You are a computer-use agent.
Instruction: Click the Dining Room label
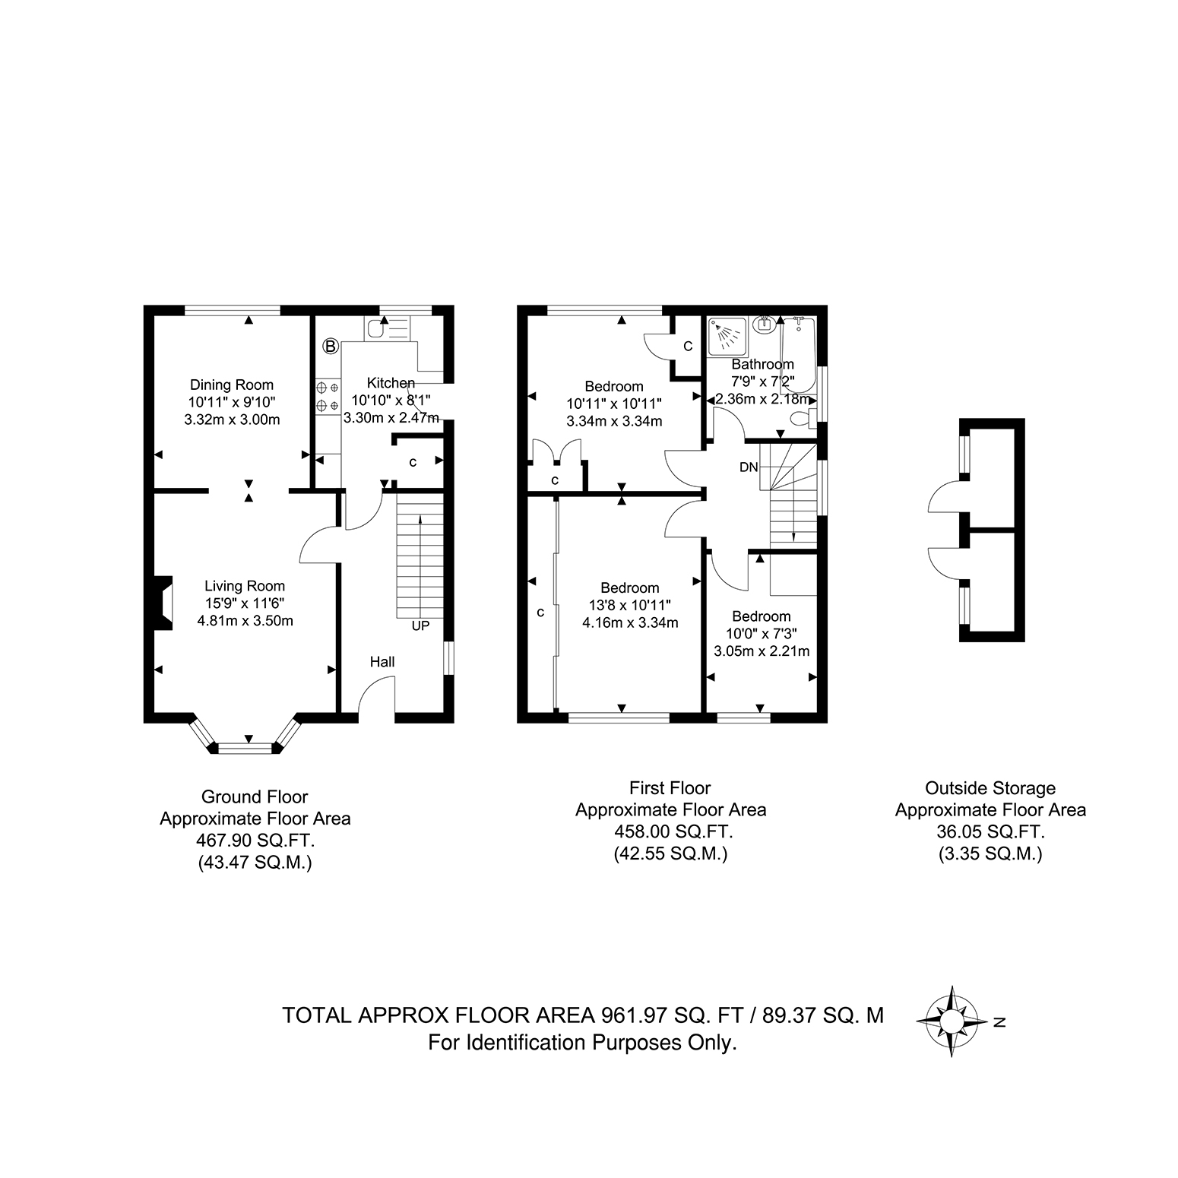tap(232, 385)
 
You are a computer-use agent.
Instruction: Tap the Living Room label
tap(245, 586)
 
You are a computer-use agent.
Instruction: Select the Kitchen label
tap(391, 382)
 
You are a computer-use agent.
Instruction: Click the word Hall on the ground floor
tap(382, 662)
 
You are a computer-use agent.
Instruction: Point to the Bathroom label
tap(762, 364)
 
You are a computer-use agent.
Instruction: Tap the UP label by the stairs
tap(420, 626)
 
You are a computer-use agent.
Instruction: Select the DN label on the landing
tap(749, 467)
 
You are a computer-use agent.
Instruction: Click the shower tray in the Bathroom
tap(725, 336)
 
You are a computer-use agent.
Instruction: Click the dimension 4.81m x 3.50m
tap(245, 620)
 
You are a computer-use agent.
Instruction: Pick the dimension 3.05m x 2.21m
tap(762, 651)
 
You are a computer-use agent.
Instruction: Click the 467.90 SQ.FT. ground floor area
tap(255, 841)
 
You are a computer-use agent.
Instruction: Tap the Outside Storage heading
tap(990, 788)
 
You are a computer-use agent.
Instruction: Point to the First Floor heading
tap(670, 788)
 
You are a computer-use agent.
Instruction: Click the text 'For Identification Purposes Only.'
tap(583, 1043)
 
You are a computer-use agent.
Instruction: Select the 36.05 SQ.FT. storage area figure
tap(990, 831)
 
